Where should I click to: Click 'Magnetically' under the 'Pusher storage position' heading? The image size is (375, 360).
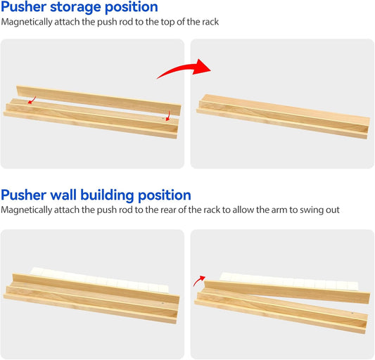click(x=27, y=22)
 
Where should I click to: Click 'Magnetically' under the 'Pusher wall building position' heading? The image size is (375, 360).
click(x=27, y=210)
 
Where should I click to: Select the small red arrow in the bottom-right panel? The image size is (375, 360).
click(x=200, y=281)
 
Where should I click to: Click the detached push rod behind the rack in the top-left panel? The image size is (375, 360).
click(x=91, y=98)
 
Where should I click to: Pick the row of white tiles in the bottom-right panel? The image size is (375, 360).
click(x=295, y=283)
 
